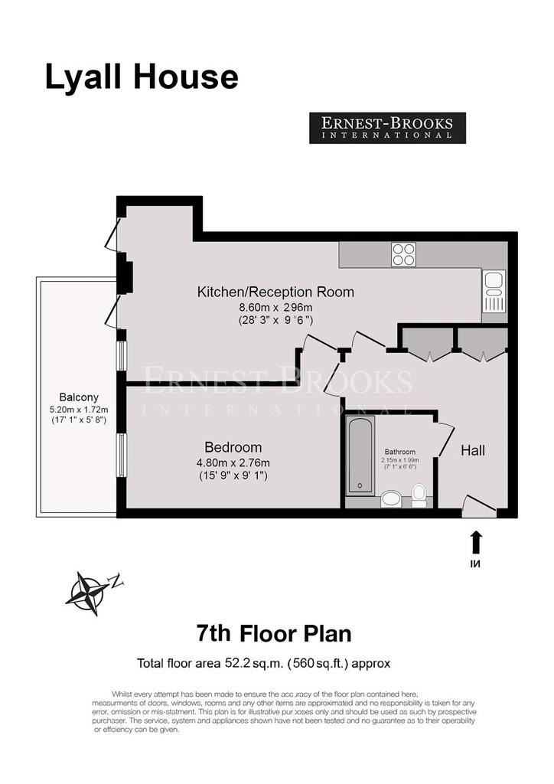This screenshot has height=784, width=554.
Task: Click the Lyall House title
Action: (142, 77)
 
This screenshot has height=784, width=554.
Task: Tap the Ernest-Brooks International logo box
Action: (387, 128)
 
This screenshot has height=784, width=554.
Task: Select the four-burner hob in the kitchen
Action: (403, 254)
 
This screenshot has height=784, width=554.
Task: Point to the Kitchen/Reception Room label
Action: (275, 292)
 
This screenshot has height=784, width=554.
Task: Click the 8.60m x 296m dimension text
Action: (275, 308)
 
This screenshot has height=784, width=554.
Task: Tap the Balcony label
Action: (79, 397)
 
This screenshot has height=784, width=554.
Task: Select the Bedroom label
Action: (233, 447)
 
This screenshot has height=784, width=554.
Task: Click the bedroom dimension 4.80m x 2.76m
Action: (233, 463)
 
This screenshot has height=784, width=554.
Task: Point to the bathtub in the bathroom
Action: (360, 455)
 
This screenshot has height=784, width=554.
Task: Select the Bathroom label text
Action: (400, 452)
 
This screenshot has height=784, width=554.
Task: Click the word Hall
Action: (473, 450)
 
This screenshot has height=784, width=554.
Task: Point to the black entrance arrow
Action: (476, 542)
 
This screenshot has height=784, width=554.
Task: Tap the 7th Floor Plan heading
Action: (274, 633)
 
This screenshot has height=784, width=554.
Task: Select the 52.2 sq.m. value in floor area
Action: (254, 664)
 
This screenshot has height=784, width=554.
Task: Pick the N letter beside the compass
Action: (117, 581)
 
